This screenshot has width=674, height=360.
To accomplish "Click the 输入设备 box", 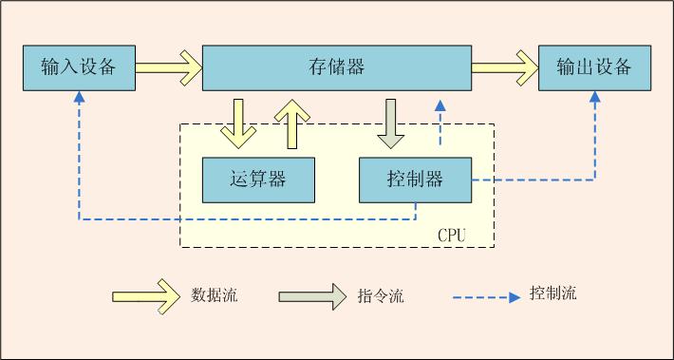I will tap(78, 67).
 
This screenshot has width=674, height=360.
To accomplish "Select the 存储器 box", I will tap(337, 67).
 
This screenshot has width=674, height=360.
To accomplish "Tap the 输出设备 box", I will tap(594, 67).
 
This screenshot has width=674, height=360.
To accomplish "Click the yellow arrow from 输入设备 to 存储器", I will tap(168, 67).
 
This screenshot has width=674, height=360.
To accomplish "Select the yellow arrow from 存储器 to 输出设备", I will tap(505, 67).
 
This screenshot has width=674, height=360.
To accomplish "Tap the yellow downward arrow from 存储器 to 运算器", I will tap(237, 123).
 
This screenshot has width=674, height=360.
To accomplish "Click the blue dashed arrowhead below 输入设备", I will tap(79, 97).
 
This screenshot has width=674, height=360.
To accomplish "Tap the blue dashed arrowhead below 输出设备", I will tap(595, 97).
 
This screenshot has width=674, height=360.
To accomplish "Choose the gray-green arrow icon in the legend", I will tap(312, 295).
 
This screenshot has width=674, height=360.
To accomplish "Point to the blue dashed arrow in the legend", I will tap(488, 295).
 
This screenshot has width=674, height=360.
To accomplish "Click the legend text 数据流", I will tap(215, 295).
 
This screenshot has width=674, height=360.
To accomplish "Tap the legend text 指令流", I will tap(382, 295).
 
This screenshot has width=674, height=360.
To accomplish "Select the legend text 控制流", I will tap(552, 294).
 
